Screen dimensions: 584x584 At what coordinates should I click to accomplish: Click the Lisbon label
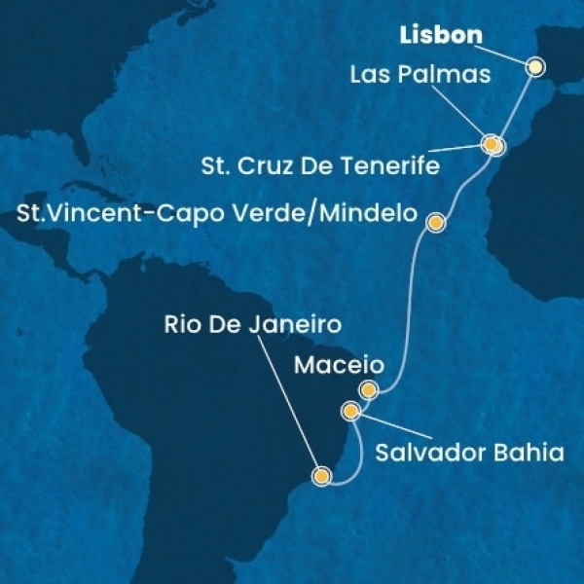(439, 35)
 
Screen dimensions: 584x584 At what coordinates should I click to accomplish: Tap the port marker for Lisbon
(535, 67)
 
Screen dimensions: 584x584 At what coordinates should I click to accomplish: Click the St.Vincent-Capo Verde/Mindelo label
(211, 212)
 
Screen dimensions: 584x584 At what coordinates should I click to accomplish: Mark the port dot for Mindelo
(436, 223)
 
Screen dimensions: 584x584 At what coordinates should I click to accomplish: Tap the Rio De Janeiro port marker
(321, 476)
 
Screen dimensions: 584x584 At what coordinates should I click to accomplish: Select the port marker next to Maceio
(368, 390)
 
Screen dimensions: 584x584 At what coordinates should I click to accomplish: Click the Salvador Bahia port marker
(351, 413)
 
